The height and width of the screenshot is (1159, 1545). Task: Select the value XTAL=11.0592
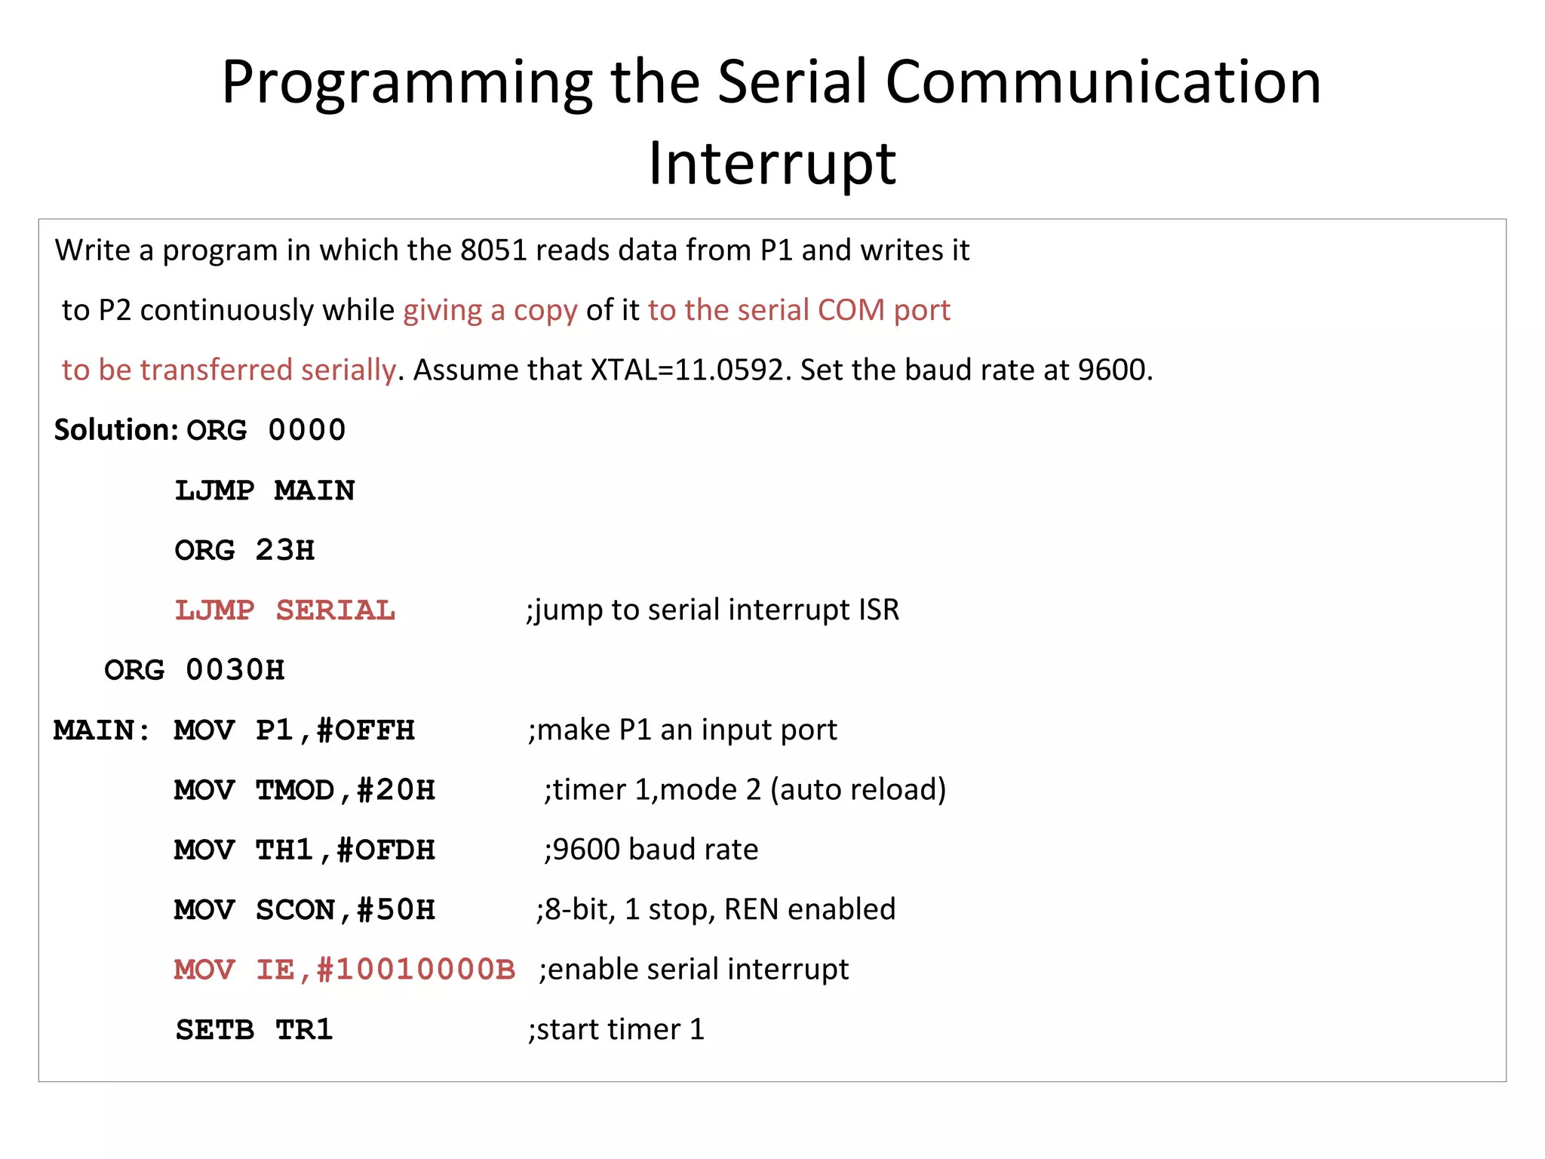point(686,370)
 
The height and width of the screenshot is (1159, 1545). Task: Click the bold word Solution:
point(115,429)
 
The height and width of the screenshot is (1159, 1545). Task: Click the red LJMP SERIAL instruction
point(284,610)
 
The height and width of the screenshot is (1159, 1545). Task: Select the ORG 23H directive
point(244,550)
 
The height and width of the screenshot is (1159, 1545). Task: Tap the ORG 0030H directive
point(194,670)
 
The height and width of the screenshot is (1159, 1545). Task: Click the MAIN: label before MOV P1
point(102,730)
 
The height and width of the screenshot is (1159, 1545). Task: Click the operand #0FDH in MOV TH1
point(385,850)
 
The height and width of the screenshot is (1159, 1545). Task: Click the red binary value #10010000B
point(416,970)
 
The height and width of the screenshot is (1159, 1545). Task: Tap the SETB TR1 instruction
point(253,1029)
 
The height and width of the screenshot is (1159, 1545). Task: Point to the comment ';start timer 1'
point(616,1029)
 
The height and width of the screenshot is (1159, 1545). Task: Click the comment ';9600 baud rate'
point(650,850)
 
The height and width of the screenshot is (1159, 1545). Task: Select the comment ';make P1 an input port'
point(682,730)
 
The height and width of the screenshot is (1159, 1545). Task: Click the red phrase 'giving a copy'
point(490,310)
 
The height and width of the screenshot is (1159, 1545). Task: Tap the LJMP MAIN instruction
point(265,490)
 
